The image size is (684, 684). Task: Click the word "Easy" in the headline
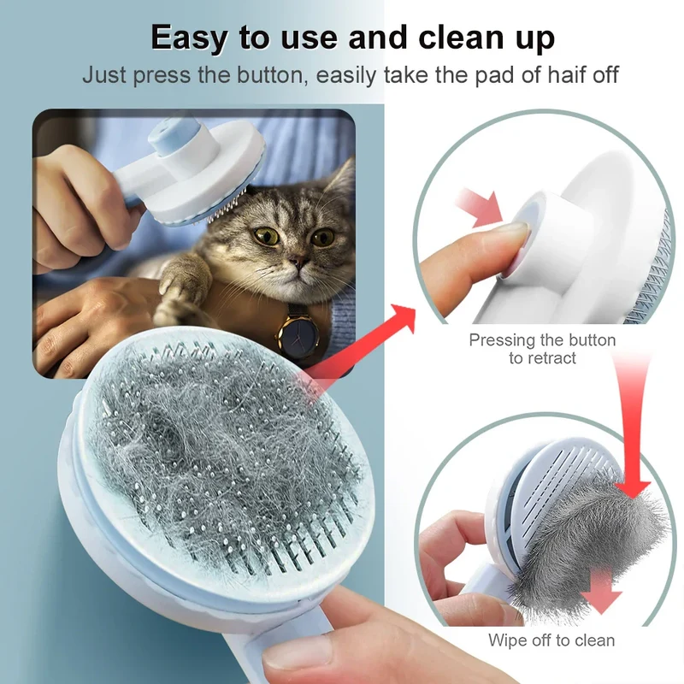188,38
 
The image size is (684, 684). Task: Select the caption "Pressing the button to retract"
542,349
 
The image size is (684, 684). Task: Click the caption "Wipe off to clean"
551,640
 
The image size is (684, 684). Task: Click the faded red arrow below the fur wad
599,590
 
